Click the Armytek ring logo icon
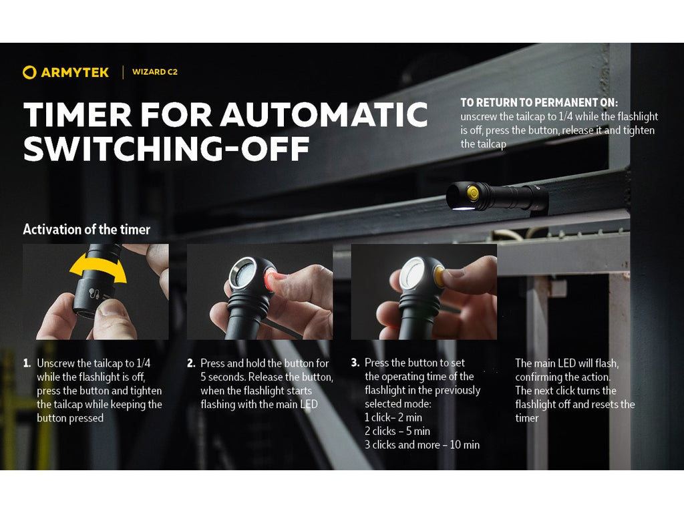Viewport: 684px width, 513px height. [29, 72]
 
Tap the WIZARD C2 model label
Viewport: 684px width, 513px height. [155, 72]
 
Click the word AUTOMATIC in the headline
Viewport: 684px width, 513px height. [324, 115]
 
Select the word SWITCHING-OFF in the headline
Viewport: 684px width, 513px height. [166, 149]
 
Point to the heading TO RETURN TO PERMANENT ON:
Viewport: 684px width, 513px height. [539, 103]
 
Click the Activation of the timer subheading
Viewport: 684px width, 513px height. [86, 230]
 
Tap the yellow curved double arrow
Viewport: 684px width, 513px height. [98, 269]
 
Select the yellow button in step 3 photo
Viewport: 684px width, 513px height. [438, 277]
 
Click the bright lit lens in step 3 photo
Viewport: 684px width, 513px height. [413, 273]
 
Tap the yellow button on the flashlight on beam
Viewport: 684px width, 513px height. [473, 193]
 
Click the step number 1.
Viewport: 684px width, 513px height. [27, 363]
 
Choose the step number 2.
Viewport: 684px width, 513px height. [190, 363]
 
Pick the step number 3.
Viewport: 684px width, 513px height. [355, 363]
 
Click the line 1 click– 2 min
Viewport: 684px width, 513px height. [393, 417]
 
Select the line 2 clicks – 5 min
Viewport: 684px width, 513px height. [397, 431]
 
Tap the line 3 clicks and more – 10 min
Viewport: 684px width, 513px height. [422, 445]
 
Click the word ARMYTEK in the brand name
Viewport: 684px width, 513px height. [75, 72]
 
